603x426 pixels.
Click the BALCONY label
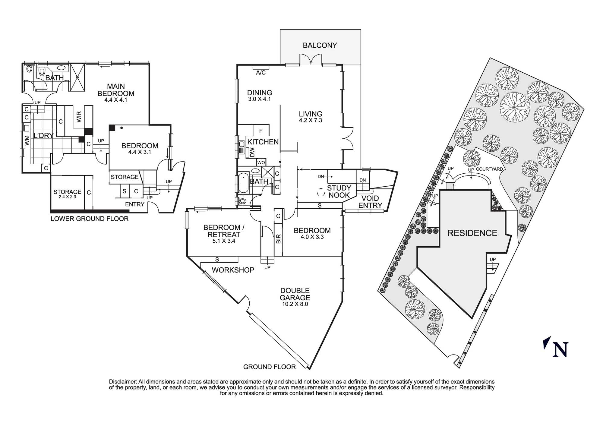(x=320, y=45)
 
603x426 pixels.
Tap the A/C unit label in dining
(x=261, y=73)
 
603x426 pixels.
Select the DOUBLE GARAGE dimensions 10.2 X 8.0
(x=295, y=304)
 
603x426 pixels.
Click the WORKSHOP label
(x=233, y=270)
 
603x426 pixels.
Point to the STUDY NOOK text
(x=339, y=191)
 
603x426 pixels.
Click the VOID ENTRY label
(x=370, y=202)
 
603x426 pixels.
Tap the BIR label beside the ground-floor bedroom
(x=279, y=239)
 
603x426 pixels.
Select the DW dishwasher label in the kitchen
(x=252, y=152)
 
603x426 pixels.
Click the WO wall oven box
(x=261, y=163)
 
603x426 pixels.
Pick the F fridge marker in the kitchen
(x=261, y=131)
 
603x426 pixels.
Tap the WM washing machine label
(x=27, y=140)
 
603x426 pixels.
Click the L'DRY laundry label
(x=43, y=136)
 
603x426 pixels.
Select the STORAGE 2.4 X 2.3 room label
(x=67, y=194)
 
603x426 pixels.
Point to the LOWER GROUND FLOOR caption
(x=90, y=219)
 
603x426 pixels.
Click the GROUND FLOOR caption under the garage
(x=269, y=367)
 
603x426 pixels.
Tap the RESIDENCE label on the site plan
(x=472, y=233)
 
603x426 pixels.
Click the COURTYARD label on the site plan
(x=489, y=169)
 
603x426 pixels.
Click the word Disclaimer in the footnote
(x=123, y=382)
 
